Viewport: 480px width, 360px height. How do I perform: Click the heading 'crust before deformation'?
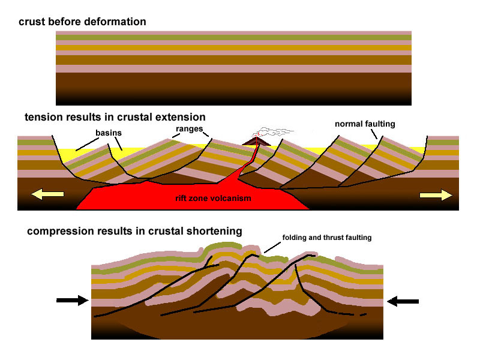[82, 22]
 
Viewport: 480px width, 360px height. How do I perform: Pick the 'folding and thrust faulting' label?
[326, 238]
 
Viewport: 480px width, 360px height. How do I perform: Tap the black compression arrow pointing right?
[71, 301]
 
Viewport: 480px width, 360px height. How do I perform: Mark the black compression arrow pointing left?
[402, 301]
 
